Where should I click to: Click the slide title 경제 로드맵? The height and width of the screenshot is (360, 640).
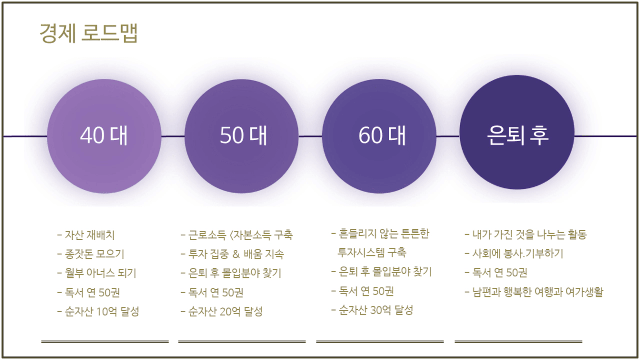[88, 33]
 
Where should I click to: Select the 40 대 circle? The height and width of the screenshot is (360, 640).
[104, 136]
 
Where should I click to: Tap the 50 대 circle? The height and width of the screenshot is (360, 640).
[242, 136]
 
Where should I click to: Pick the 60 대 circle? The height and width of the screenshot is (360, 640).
[379, 136]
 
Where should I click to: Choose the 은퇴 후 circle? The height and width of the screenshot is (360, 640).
[517, 132]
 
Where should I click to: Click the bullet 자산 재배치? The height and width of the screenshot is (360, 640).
[86, 235]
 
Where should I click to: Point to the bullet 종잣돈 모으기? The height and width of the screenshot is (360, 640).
[91, 254]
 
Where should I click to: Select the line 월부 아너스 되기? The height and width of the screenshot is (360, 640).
[97, 273]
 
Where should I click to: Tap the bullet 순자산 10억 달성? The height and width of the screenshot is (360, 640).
[98, 312]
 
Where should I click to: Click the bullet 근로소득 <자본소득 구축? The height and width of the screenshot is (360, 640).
[237, 235]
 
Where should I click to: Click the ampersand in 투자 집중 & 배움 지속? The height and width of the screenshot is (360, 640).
[236, 254]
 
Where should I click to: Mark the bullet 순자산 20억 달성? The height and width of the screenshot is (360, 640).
[222, 312]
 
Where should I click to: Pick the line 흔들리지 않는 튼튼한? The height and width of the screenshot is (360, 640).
[381, 234]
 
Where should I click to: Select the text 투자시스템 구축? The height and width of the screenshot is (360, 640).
[372, 253]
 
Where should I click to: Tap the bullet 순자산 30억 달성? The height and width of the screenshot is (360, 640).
[372, 310]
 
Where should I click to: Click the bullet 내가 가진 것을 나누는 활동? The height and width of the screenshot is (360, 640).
[526, 235]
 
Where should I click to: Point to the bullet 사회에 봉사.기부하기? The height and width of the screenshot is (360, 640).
[514, 254]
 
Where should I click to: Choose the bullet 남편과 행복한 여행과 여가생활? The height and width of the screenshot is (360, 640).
[534, 292]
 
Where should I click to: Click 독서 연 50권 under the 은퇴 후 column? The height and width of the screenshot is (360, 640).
[496, 273]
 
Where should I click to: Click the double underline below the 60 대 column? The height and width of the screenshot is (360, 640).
[380, 342]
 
